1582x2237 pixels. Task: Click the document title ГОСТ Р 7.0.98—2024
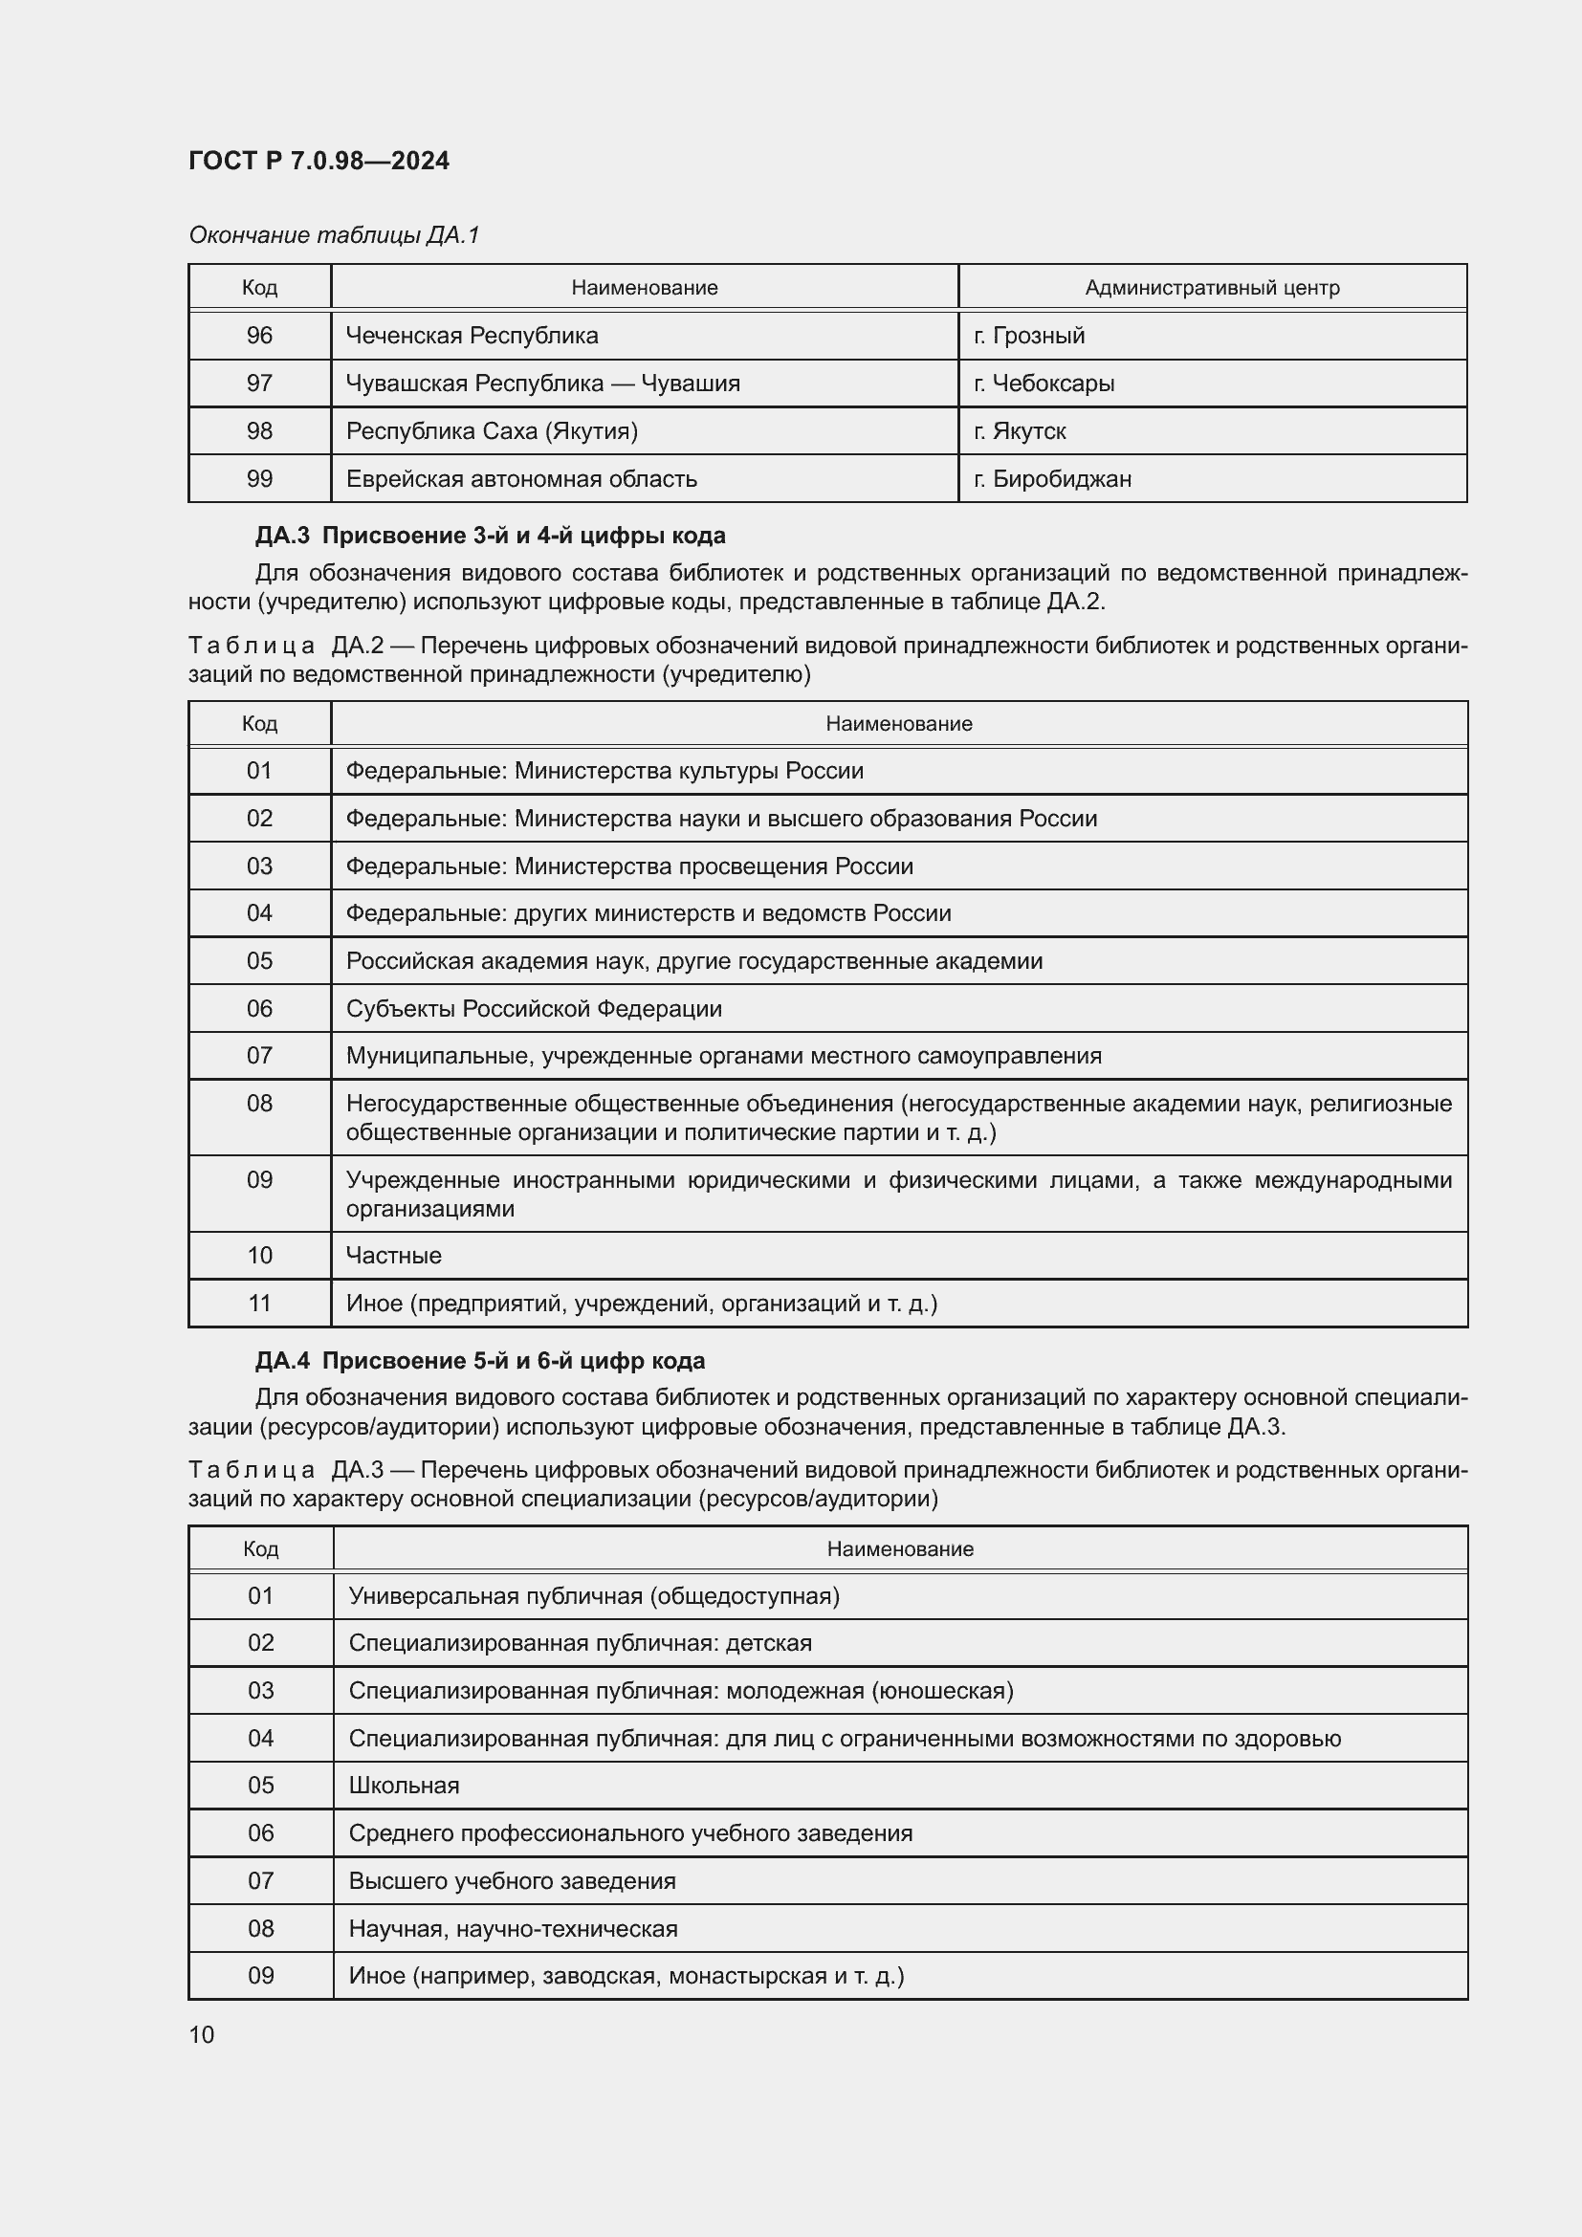point(319,161)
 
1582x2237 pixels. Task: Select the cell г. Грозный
point(1029,335)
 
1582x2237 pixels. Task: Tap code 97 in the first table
point(259,383)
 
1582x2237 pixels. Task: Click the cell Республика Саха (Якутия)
point(492,430)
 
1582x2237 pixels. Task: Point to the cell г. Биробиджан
point(1052,478)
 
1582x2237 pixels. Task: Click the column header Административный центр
point(1212,288)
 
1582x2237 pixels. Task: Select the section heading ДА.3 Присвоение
point(490,535)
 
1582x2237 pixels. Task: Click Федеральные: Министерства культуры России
point(604,771)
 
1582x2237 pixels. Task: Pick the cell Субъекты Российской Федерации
point(534,1008)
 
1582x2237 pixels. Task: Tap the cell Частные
point(393,1255)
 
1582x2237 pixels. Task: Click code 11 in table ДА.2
point(259,1303)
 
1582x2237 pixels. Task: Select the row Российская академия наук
point(693,960)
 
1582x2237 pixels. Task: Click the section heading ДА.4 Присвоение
point(480,1360)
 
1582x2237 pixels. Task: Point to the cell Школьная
point(405,1785)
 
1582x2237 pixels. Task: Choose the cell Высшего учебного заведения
point(512,1880)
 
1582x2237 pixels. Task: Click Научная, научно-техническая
point(513,1928)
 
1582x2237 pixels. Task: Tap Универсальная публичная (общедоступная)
point(593,1595)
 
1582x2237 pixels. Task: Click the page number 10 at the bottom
point(202,2034)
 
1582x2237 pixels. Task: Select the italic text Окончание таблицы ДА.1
point(334,235)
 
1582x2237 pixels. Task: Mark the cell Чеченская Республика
point(472,335)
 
